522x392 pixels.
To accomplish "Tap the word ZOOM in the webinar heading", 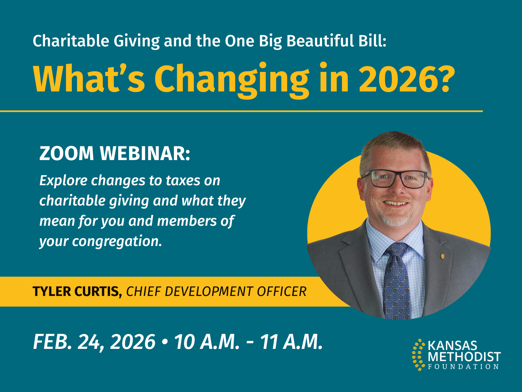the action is point(67,154).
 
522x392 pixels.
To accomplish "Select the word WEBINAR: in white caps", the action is point(145,154).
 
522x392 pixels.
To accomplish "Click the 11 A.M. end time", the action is point(291,342).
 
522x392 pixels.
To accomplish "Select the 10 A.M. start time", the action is point(207,342).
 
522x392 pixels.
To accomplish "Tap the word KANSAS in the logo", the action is point(452,346).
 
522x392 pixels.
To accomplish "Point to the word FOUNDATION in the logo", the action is point(463,367).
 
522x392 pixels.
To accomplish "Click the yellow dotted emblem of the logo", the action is point(419,355).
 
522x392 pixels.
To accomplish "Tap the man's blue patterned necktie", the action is point(396,281).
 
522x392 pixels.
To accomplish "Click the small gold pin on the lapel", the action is point(443,256).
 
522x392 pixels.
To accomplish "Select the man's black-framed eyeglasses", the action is point(395,178).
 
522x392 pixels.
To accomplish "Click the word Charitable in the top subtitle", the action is point(71,41).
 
